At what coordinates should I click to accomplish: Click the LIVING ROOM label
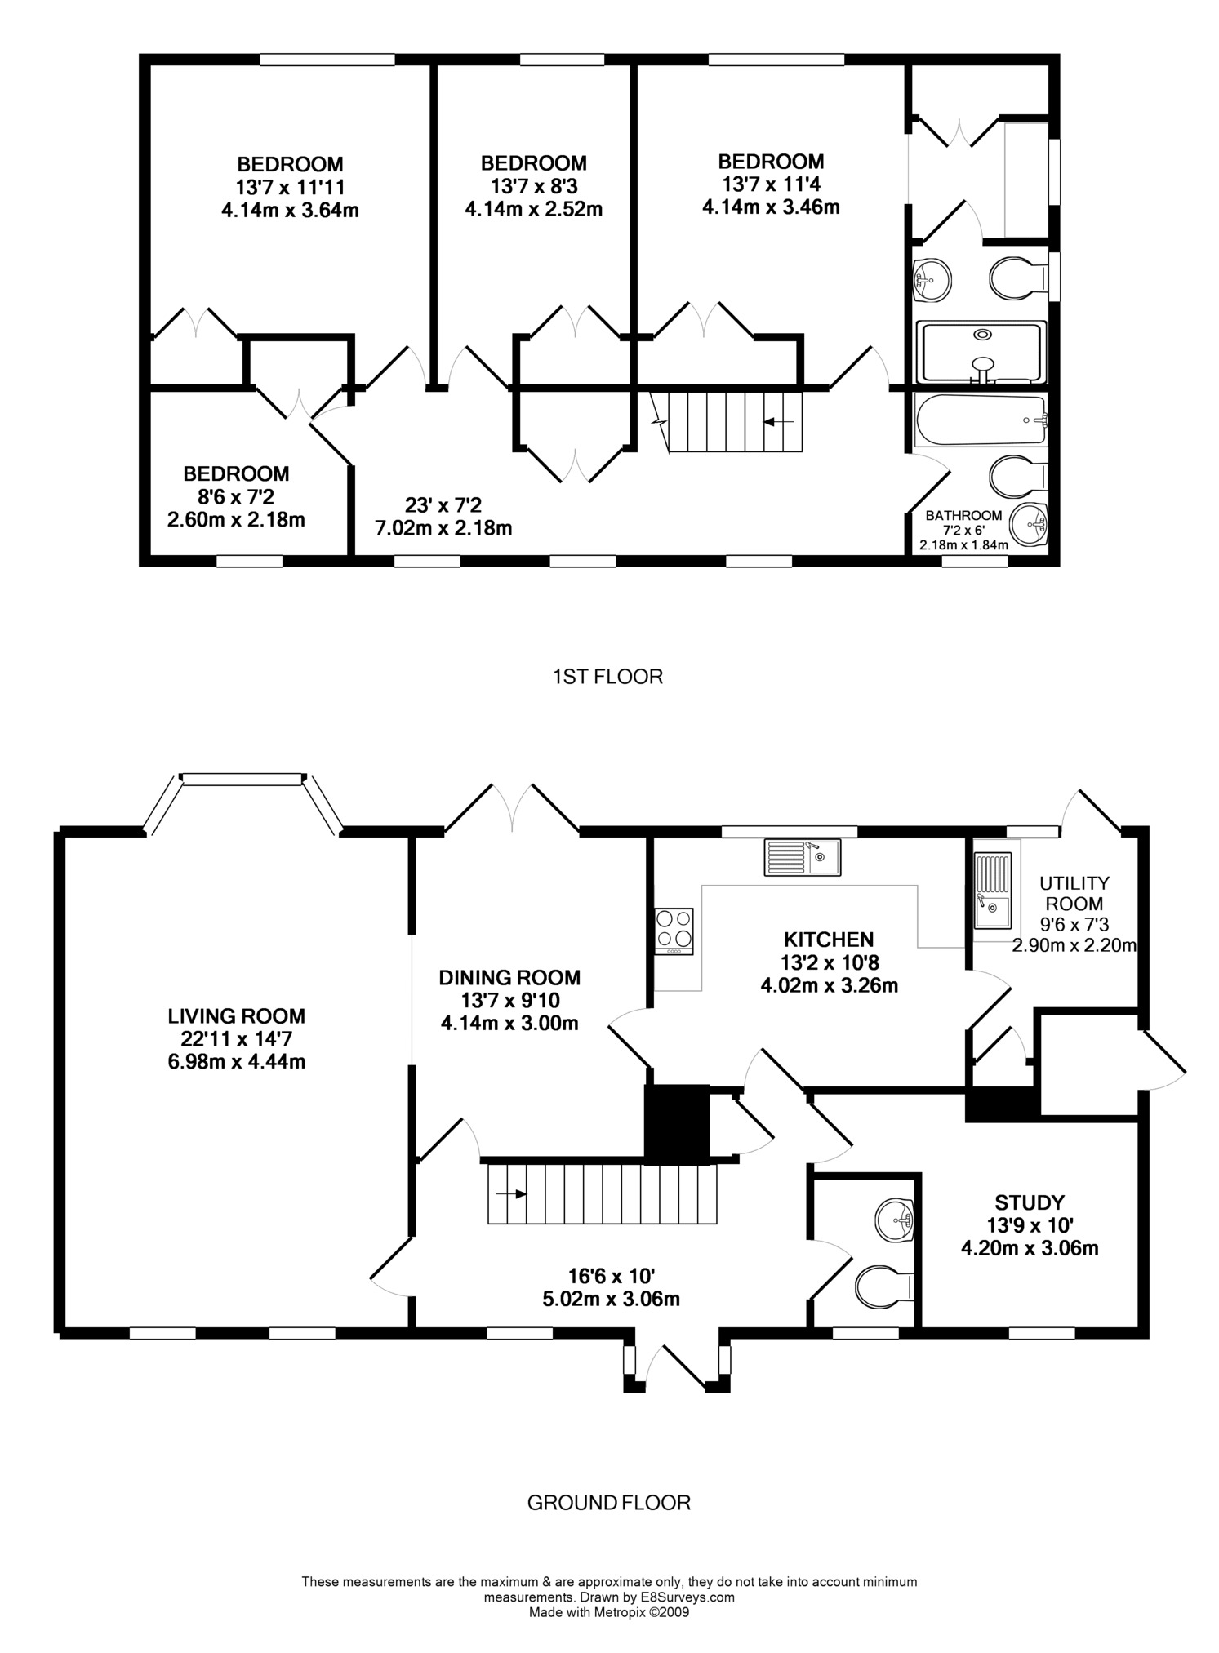pyautogui.click(x=237, y=1016)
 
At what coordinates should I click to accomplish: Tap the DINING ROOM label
pyautogui.click(x=509, y=977)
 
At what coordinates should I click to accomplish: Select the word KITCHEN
pyautogui.click(x=829, y=940)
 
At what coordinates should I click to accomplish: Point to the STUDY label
pyautogui.click(x=1030, y=1202)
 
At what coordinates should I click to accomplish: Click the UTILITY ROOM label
pyautogui.click(x=1074, y=893)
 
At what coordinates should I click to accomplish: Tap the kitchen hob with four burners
pyautogui.click(x=674, y=931)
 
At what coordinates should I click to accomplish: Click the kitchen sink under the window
pyautogui.click(x=803, y=857)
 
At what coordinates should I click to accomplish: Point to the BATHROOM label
pyautogui.click(x=963, y=516)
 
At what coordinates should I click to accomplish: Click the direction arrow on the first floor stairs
pyautogui.click(x=779, y=421)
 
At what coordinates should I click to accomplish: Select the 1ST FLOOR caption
pyautogui.click(x=607, y=676)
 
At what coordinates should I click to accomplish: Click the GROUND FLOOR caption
pyautogui.click(x=609, y=1503)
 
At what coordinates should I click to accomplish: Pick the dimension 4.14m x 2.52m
pyautogui.click(x=534, y=210)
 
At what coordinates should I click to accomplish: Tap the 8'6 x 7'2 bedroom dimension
pyautogui.click(x=237, y=496)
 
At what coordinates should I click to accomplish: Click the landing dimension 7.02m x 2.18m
pyautogui.click(x=443, y=528)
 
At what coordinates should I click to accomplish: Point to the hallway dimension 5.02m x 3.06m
pyautogui.click(x=612, y=1300)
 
